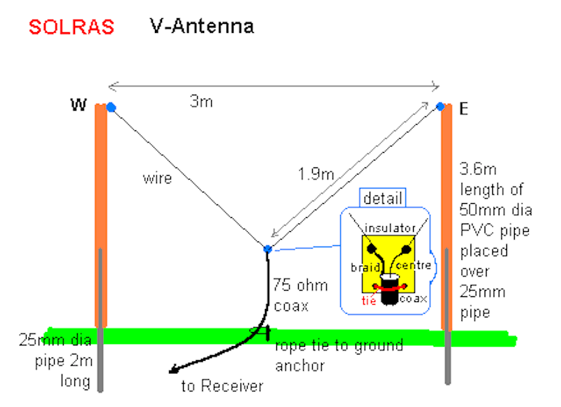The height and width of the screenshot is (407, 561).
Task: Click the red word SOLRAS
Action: [x=72, y=27]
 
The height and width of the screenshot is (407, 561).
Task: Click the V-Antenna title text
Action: [x=202, y=26]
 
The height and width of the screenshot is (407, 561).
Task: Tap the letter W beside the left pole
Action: [x=79, y=104]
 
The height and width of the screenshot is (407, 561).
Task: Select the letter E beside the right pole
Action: [x=464, y=109]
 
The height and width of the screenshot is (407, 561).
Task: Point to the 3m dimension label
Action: [x=201, y=102]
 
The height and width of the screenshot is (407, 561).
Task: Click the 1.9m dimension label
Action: [x=316, y=174]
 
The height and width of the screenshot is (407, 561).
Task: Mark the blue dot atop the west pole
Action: [x=111, y=107]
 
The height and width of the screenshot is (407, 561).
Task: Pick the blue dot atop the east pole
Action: [x=440, y=106]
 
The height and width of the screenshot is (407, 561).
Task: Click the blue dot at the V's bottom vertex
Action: [x=268, y=249]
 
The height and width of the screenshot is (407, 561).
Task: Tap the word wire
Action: [x=157, y=179]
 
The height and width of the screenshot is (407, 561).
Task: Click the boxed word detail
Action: [x=383, y=198]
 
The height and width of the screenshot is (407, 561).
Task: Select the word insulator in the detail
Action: [x=391, y=228]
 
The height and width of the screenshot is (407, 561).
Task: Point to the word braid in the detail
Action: [x=365, y=268]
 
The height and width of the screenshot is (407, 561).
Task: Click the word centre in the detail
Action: [x=414, y=265]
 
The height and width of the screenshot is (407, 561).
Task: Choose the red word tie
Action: [x=369, y=300]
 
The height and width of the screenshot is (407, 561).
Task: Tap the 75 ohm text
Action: [x=301, y=285]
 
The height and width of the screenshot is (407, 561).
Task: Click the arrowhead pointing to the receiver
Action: [x=174, y=370]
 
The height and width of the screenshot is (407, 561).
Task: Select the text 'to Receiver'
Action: [x=222, y=386]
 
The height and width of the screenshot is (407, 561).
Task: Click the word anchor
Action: [x=300, y=366]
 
